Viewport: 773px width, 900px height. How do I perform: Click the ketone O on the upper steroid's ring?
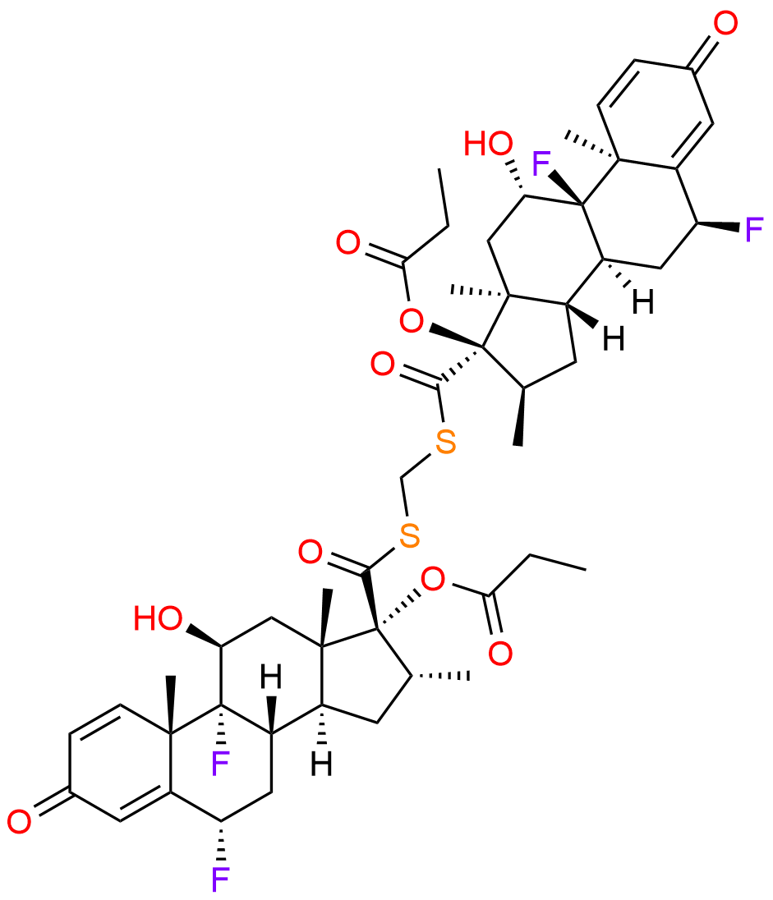[725, 25]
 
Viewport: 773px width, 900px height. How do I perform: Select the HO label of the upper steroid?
[489, 143]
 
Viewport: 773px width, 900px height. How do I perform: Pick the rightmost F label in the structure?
[755, 230]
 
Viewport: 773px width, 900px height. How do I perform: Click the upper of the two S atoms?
[444, 443]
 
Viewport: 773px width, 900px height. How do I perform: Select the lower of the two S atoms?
[409, 535]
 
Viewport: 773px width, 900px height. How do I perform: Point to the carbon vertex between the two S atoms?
[403, 475]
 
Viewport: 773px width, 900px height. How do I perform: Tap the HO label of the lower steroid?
[159, 619]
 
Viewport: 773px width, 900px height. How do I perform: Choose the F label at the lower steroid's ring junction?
[220, 763]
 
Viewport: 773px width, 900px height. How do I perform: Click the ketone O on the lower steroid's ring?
[19, 821]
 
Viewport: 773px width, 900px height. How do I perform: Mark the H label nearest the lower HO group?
[271, 677]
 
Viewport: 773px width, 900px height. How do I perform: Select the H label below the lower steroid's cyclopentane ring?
[322, 764]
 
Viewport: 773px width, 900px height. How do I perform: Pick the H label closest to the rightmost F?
[643, 302]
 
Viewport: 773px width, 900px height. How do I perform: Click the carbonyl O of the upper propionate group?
[348, 243]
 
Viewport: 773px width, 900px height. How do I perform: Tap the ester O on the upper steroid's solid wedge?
[412, 321]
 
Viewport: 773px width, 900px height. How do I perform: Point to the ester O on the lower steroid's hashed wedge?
[432, 579]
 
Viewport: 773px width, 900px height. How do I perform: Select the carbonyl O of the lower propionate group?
[500, 654]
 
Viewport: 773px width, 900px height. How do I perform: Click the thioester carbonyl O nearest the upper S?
[383, 365]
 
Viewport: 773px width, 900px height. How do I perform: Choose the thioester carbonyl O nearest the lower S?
[311, 552]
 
